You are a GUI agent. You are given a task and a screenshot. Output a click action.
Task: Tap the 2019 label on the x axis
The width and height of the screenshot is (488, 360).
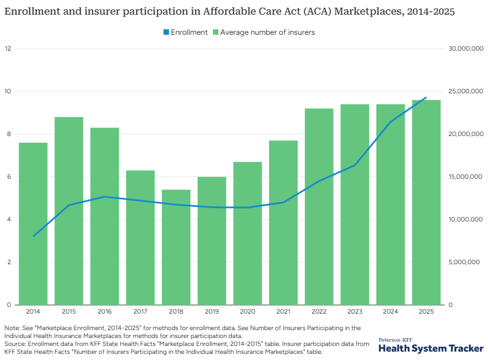(212, 312)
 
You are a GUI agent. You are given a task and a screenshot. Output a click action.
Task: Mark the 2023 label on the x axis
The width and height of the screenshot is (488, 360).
(354, 312)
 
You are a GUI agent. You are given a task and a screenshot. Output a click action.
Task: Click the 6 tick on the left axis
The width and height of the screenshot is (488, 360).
(9, 177)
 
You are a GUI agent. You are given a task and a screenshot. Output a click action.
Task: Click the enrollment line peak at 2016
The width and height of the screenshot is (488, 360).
(104, 196)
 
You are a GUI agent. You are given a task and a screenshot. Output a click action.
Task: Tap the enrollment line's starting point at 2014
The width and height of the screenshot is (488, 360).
(33, 236)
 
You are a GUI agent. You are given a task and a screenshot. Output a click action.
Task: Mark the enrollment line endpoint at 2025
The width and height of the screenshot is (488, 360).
(426, 98)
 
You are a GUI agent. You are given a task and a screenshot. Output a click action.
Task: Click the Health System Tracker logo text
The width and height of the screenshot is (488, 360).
(431, 348)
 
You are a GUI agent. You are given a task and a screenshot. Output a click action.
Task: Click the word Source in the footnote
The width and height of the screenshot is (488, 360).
(14, 344)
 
